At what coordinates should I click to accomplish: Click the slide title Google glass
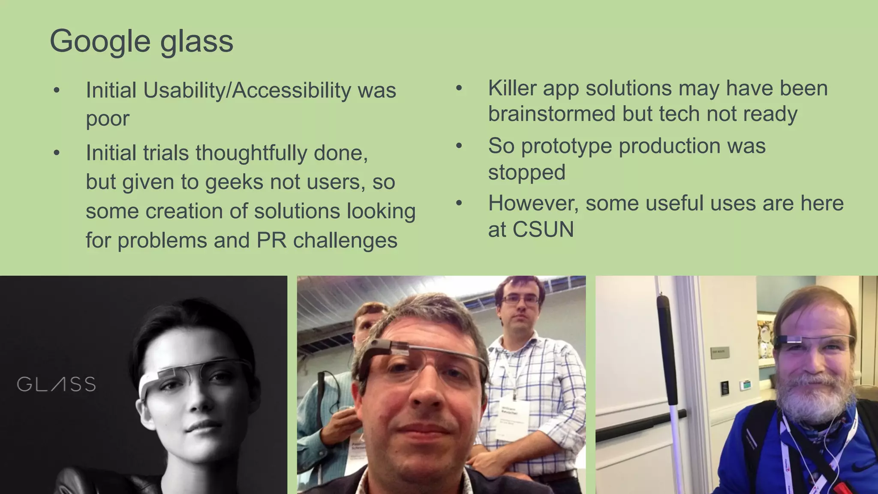[141, 41]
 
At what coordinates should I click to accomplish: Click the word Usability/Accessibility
[247, 90]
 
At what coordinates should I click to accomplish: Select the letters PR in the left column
[271, 240]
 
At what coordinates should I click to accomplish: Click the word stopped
[526, 172]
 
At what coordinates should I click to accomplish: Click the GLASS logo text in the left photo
[56, 384]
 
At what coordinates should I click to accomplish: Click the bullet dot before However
[459, 203]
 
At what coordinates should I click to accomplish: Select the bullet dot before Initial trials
[57, 153]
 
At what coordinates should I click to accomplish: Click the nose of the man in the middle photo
[424, 395]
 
